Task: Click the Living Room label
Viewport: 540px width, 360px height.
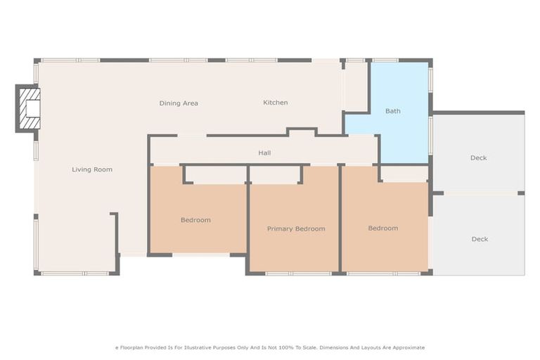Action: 92,169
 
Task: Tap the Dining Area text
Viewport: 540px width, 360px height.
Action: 179,103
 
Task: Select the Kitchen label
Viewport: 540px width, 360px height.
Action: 275,103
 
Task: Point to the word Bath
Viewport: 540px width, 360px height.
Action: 392,111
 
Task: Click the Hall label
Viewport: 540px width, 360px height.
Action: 264,153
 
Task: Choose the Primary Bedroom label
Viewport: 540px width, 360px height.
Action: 296,229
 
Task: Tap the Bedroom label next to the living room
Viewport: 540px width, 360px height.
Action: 195,220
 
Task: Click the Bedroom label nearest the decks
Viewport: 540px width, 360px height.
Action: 383,228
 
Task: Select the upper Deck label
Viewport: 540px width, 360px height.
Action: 478,158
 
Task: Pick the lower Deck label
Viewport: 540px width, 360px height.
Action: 479,239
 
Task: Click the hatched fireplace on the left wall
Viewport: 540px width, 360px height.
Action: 28,109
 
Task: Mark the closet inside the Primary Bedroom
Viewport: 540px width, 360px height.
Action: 275,175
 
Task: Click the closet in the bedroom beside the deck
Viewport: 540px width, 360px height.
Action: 405,174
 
